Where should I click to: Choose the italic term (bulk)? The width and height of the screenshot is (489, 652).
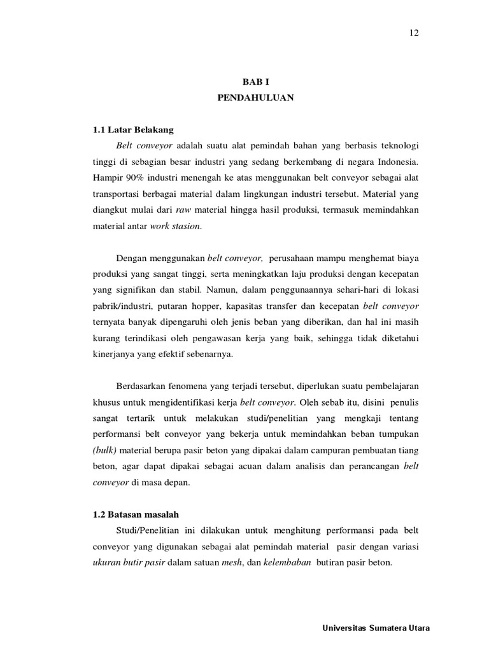tap(106, 452)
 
